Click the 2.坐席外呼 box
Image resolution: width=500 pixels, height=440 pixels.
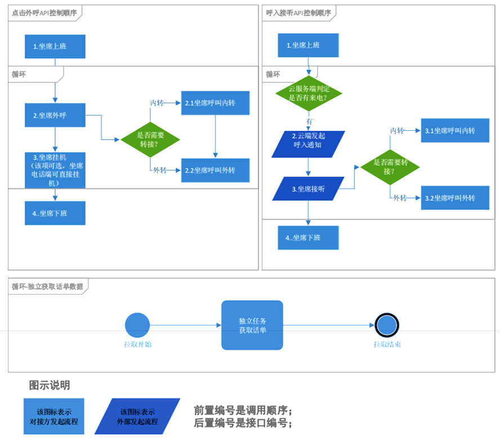click(x=55, y=115)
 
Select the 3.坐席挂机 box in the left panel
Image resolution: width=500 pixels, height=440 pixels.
click(x=55, y=169)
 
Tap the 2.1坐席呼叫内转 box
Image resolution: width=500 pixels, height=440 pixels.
click(x=215, y=103)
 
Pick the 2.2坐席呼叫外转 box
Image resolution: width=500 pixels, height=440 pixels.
click(x=215, y=170)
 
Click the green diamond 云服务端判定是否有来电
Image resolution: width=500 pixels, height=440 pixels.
click(x=308, y=93)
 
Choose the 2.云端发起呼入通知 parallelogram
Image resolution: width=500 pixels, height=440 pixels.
click(x=308, y=144)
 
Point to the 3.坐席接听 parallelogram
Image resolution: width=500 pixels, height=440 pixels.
click(x=308, y=189)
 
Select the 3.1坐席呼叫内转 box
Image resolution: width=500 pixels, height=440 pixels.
click(x=455, y=130)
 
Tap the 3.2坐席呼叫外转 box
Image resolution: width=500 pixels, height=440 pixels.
click(x=455, y=198)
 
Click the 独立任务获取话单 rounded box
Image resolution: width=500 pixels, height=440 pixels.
click(x=252, y=325)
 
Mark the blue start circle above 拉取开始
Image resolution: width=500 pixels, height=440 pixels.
click(x=137, y=325)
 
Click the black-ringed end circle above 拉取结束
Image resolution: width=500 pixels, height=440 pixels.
click(x=387, y=325)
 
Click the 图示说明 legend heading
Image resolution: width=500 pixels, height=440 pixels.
click(x=50, y=385)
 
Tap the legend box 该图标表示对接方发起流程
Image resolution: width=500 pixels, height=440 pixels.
click(x=53, y=416)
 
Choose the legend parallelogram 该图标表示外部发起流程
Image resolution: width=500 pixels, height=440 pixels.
click(x=137, y=416)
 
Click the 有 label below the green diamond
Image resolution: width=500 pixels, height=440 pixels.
click(x=309, y=121)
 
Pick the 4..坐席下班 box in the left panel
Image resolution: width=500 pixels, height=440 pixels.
click(x=55, y=213)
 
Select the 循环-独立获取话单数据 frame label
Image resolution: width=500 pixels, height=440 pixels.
click(x=47, y=287)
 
